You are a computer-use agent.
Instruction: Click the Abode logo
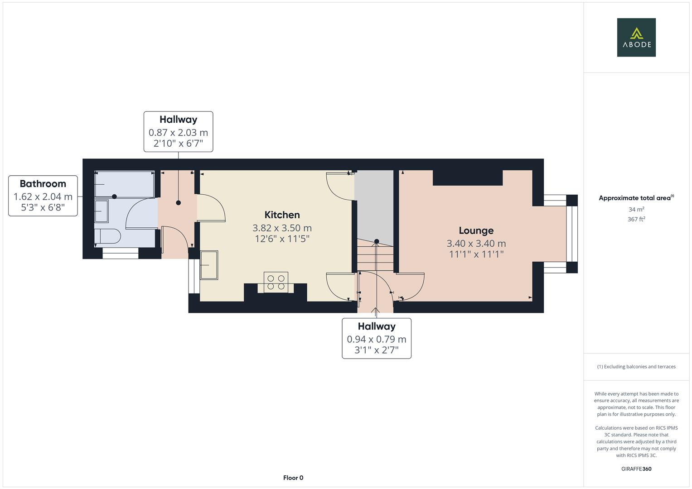coord(636,37)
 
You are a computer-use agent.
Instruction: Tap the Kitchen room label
coord(282,215)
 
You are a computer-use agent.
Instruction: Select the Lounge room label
coord(476,230)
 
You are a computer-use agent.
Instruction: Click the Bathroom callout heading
coord(43,184)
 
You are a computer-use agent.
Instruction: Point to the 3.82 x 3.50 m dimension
coord(282,228)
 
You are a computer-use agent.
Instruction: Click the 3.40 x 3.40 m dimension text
coord(476,244)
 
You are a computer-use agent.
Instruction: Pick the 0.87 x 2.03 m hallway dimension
coord(178,132)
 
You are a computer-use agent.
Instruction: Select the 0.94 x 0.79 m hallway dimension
coord(376,339)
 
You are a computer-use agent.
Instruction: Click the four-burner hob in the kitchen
coord(276,282)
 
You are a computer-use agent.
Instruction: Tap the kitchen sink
coord(209,265)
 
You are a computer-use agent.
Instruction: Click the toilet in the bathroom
coord(107,236)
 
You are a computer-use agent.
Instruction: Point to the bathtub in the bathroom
coord(125,184)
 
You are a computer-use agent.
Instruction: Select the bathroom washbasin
coord(102,211)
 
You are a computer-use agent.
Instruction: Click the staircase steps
coord(375,256)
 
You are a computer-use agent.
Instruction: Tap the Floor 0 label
coord(293,478)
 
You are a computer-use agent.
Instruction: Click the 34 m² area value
coord(636,209)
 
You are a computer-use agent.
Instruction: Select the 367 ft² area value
coord(636,219)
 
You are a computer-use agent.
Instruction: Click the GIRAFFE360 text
coord(636,469)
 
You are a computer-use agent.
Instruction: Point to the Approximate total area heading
coord(636,198)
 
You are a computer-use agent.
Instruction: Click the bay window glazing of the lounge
coord(572,234)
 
